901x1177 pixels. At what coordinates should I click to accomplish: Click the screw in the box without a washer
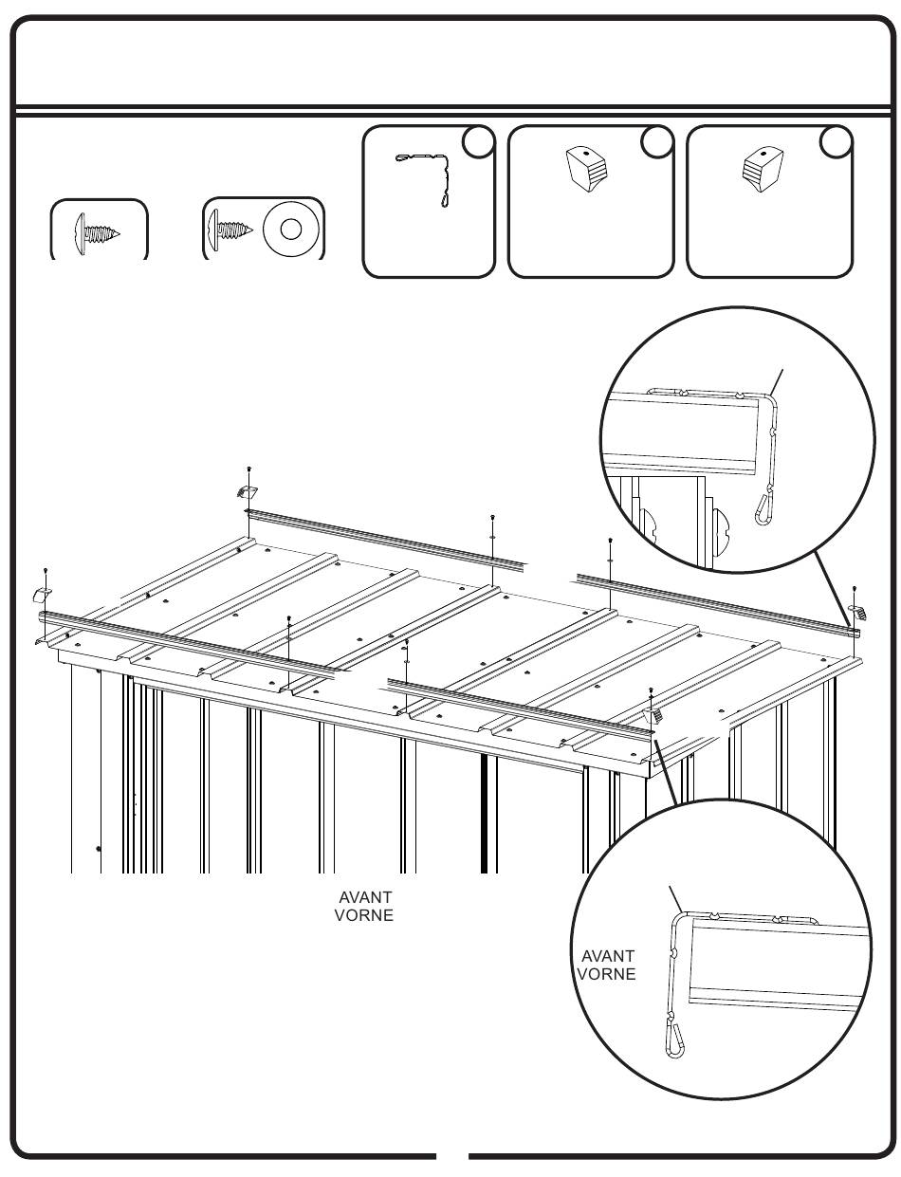[x=98, y=231]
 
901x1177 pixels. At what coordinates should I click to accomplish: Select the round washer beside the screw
[x=291, y=229]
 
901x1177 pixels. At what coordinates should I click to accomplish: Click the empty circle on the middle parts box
[x=657, y=141]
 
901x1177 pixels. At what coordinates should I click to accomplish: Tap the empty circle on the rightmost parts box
[x=836, y=141]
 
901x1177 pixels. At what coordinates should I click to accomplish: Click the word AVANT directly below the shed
[x=365, y=897]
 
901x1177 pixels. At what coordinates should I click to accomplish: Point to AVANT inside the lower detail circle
[x=607, y=956]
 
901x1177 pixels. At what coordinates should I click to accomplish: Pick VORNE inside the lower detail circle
[x=606, y=974]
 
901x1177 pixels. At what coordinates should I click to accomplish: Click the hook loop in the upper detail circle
[x=766, y=508]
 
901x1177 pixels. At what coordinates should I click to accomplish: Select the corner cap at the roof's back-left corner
[x=247, y=491]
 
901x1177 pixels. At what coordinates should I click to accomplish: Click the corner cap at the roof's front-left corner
[x=43, y=595]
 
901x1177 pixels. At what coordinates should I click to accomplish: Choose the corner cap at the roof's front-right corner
[x=653, y=714]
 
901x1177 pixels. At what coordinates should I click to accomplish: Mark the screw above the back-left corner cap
[x=248, y=469]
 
